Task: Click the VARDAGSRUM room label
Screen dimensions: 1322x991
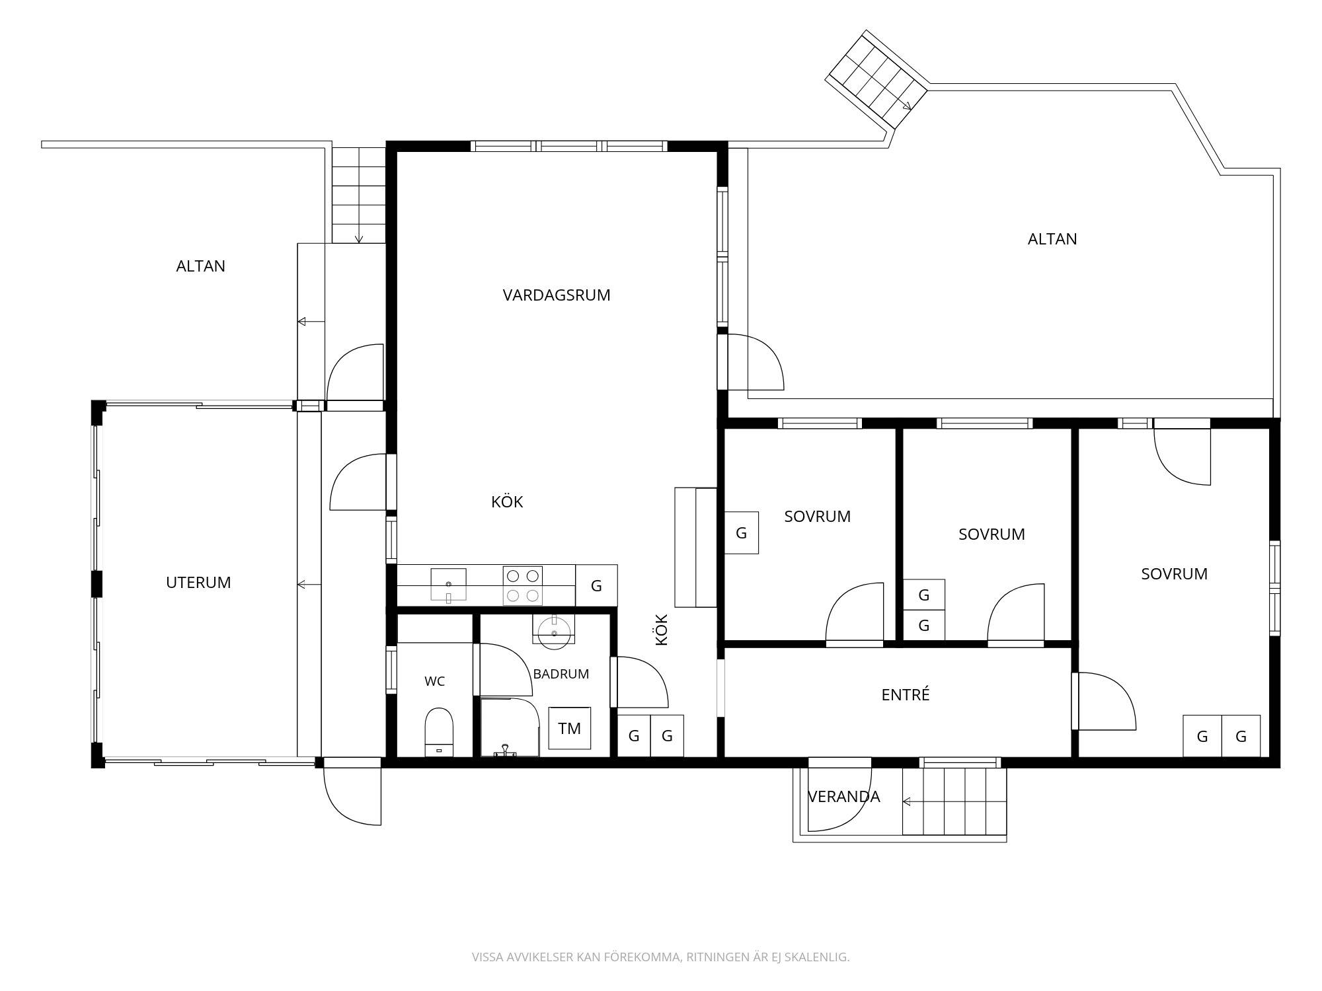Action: click(x=557, y=295)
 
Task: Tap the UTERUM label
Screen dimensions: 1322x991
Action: click(x=198, y=583)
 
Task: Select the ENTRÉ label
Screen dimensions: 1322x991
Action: click(x=906, y=694)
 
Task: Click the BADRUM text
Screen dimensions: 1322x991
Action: click(x=561, y=674)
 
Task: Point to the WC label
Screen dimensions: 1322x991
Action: click(x=435, y=681)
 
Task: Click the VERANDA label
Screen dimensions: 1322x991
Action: click(x=844, y=797)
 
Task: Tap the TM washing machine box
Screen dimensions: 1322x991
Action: click(x=569, y=728)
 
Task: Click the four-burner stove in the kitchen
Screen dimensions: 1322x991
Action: click(x=522, y=585)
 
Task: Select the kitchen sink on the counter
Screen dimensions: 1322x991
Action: click(x=448, y=585)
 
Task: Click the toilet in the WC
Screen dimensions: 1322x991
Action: click(x=438, y=731)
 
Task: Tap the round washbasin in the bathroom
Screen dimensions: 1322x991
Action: click(x=554, y=632)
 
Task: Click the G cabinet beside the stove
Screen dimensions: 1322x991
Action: click(x=596, y=585)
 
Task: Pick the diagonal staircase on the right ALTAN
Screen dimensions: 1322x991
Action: click(x=878, y=80)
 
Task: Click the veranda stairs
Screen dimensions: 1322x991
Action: click(x=954, y=801)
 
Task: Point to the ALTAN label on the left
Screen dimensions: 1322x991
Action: click(x=201, y=266)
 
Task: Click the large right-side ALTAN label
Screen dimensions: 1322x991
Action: click(x=1052, y=239)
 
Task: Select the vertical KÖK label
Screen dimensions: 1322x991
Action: click(x=662, y=630)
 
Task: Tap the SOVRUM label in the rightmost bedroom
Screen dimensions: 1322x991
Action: click(x=1174, y=574)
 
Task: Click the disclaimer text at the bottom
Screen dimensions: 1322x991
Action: click(x=660, y=957)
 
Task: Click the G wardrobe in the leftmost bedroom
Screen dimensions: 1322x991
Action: click(x=742, y=532)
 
